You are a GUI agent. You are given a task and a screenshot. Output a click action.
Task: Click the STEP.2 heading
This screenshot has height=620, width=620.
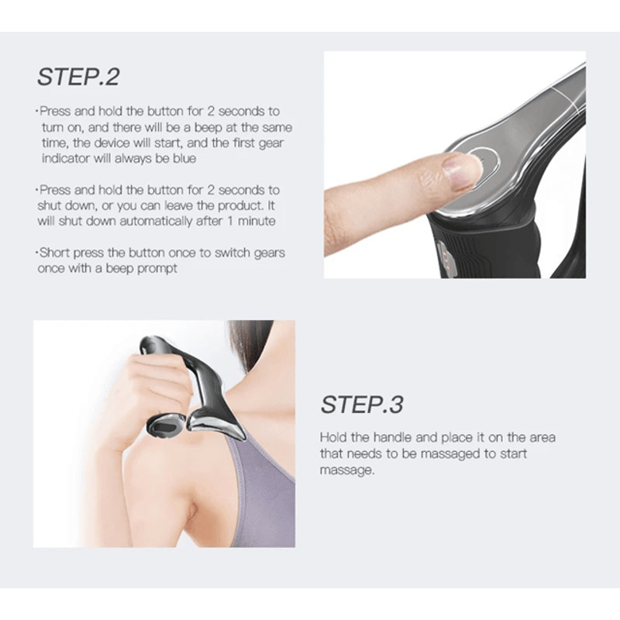coord(78,77)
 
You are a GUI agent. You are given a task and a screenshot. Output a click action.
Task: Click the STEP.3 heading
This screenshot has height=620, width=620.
coord(362,404)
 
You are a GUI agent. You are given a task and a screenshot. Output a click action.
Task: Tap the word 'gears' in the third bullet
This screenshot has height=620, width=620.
coord(268,253)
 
